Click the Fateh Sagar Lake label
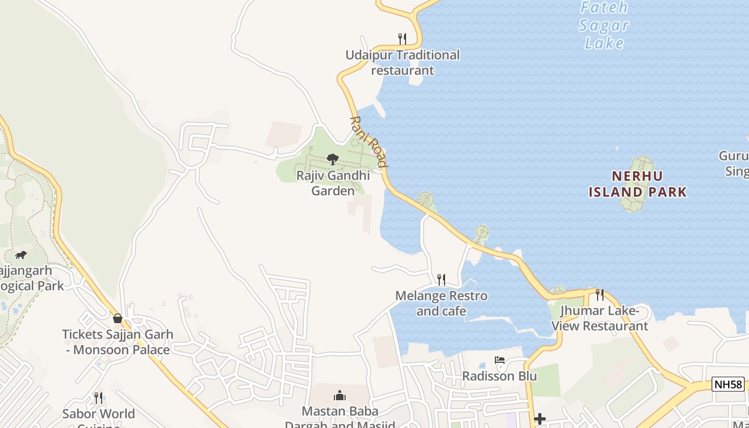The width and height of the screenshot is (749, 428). (604, 25)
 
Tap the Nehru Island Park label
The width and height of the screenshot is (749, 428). (637, 184)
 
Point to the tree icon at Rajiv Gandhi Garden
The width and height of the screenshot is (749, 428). (333, 159)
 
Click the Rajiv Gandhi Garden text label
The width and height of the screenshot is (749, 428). (333, 183)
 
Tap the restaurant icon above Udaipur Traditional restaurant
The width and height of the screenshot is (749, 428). (402, 39)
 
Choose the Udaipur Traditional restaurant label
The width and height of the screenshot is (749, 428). (402, 63)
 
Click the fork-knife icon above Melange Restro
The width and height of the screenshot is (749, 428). (441, 279)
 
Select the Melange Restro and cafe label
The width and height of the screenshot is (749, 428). (441, 303)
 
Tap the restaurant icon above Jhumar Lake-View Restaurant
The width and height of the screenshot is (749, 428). (600, 294)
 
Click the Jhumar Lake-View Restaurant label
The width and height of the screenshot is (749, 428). (600, 318)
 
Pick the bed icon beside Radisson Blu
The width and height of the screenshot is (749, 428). (500, 360)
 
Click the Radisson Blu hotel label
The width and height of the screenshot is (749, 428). (499, 376)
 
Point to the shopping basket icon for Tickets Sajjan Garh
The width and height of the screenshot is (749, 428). (118, 318)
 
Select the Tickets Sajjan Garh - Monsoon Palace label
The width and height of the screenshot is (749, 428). (118, 342)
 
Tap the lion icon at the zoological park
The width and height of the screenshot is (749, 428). (21, 255)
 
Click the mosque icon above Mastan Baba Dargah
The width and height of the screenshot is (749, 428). (340, 395)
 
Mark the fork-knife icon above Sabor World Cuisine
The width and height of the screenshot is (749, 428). (98, 398)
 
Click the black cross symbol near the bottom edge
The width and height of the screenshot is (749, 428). (540, 419)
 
